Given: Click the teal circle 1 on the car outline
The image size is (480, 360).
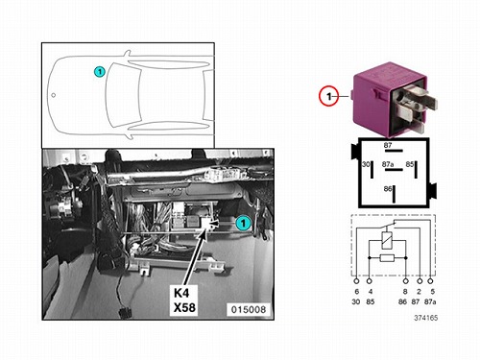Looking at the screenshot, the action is pos(100,72).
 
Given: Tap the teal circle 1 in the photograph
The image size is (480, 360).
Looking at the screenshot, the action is pos(243,223).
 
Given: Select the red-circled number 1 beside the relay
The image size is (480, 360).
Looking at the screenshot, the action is pos(328,96).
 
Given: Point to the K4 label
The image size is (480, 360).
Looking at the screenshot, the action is pos(181,293).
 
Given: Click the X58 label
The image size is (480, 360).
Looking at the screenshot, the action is pos(184,307).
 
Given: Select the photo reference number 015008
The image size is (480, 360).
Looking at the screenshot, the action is pos(249,309).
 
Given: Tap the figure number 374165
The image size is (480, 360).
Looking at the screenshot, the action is pos(426,318).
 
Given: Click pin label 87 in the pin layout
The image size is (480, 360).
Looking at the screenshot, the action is pos(388,145).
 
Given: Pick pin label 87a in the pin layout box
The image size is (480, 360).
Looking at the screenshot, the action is pos(388,164).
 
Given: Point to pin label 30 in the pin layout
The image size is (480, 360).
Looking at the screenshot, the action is pos(366,164).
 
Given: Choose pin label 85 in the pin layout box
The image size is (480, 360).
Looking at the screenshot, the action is pos(410,164).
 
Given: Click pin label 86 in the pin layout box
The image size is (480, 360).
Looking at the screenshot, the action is pos(388,189).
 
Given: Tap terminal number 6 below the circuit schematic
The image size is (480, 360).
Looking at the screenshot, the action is pos(356,292).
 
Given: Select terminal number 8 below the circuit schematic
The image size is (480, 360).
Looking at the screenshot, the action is pos(405,292).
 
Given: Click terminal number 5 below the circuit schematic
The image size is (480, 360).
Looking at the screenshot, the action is pos(433,292).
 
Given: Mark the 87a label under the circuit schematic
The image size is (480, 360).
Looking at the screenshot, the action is pos(430,301).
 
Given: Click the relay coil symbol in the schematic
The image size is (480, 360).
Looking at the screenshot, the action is pos(387,240).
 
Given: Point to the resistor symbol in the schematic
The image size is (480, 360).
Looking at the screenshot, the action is pos(387,257).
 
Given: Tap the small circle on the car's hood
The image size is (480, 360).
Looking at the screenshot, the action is pos(54,95).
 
